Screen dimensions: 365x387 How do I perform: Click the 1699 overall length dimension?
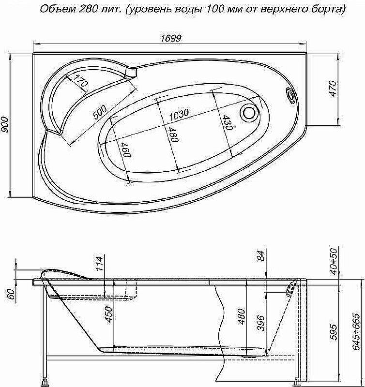(x=171, y=39)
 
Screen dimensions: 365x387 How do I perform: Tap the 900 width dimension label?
(x=5, y=124)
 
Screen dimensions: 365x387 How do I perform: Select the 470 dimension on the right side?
(x=333, y=89)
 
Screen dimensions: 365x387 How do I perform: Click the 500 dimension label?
(x=100, y=112)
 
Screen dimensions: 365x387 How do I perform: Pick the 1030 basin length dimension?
(x=179, y=115)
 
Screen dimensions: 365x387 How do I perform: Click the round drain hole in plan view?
(x=249, y=113)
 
